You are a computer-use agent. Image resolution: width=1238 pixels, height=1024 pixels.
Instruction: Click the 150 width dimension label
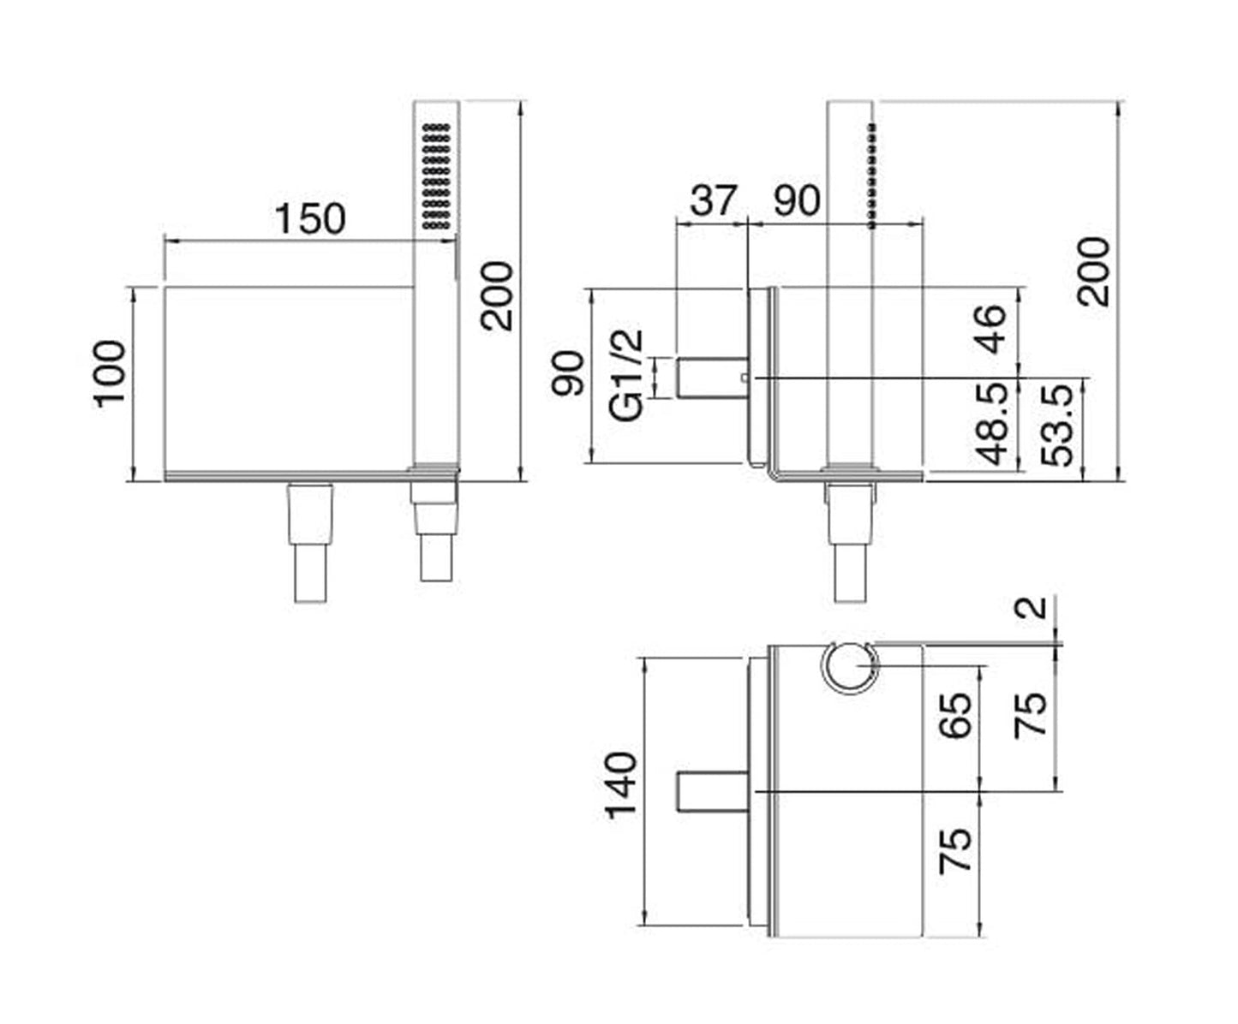(x=309, y=219)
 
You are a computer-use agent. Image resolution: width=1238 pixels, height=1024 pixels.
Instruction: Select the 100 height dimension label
(x=111, y=374)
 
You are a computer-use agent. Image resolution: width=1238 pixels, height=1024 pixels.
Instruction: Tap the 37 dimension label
(x=713, y=200)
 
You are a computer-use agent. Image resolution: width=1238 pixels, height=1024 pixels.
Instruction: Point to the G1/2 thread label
(x=628, y=376)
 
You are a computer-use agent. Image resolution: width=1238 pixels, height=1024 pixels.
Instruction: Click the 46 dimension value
(x=990, y=329)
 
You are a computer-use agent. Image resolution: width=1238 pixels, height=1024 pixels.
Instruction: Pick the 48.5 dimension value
(x=990, y=424)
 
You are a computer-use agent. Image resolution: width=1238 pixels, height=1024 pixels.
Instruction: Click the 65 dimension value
(x=956, y=714)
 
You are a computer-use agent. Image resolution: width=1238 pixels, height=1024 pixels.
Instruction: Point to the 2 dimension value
(x=1035, y=607)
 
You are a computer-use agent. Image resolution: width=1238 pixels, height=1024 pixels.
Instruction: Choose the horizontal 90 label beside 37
(x=797, y=200)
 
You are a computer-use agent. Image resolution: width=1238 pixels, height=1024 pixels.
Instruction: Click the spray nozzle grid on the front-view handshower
(x=436, y=176)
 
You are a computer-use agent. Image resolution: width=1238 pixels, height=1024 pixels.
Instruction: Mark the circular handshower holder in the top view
(x=850, y=670)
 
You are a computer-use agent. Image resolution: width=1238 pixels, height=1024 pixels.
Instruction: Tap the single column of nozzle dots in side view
(x=872, y=176)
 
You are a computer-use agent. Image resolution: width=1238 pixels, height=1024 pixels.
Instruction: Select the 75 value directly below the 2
(x=1032, y=714)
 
